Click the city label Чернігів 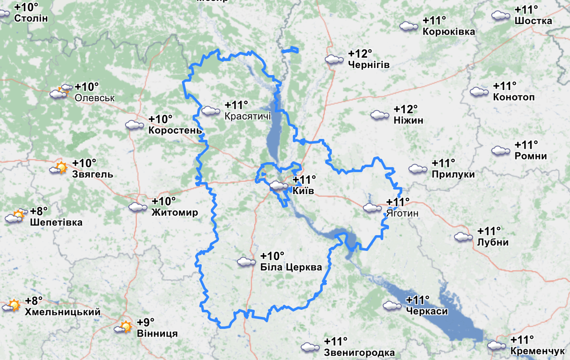369,65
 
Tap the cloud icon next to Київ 279,186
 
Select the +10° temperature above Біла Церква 272,256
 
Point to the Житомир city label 175,212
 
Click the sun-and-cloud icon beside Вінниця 124,327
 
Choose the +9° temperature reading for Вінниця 146,322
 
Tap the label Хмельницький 63,312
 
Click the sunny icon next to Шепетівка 15,216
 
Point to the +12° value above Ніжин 406,109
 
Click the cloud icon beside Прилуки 418,169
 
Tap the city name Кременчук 538,351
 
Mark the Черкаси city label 427,311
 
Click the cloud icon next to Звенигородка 310,347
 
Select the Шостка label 533,21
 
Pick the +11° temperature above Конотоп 504,86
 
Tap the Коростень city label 175,130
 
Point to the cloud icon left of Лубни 463,237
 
